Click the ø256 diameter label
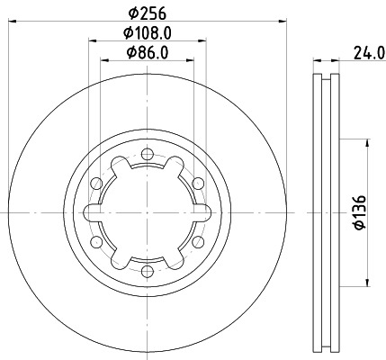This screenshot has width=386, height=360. pyautogui.click(x=147, y=12)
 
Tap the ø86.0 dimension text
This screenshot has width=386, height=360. pyautogui.click(x=148, y=53)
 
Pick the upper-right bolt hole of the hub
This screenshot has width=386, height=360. pyautogui.click(x=195, y=184)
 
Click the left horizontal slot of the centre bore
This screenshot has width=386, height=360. pyautogui.click(x=92, y=213)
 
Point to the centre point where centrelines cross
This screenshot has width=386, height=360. pyautogui.click(x=147, y=213)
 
